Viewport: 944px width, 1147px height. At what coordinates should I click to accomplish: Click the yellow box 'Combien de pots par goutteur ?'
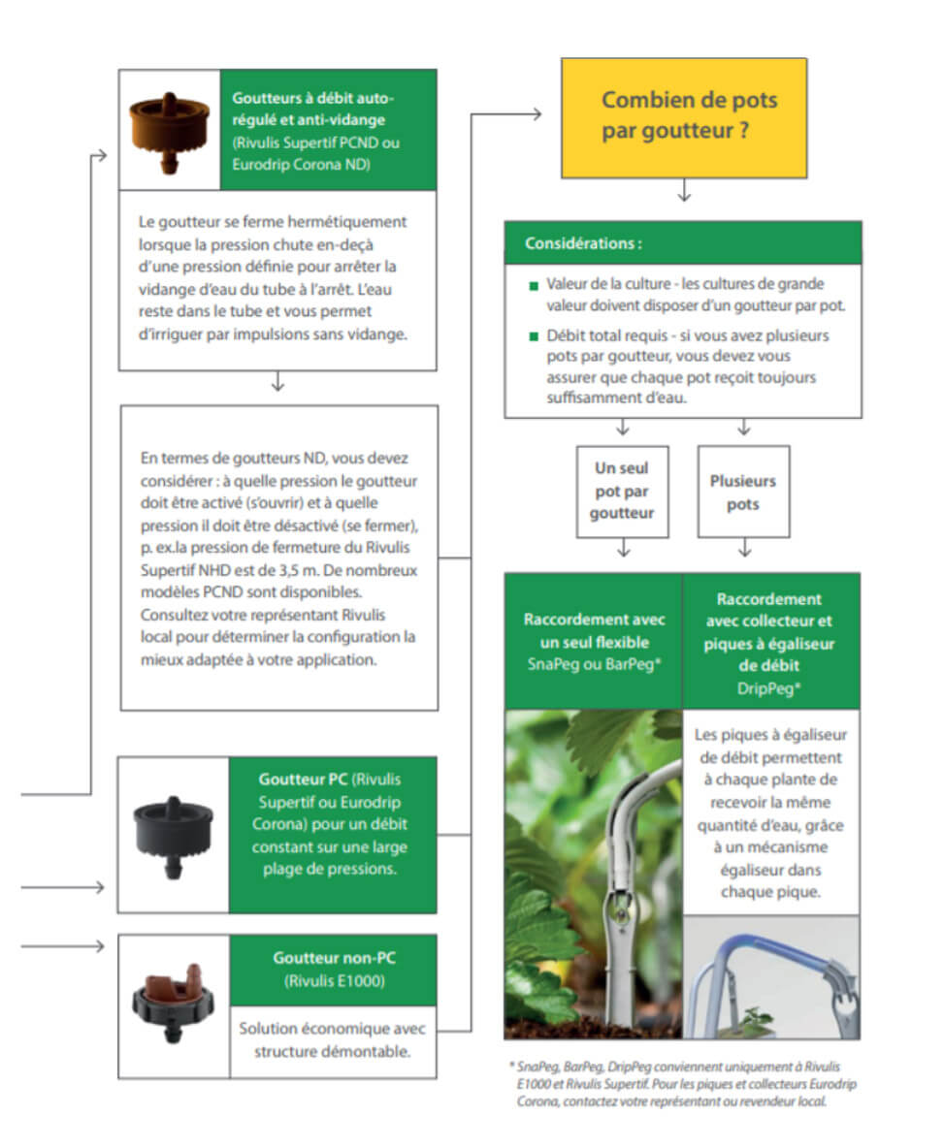[x=684, y=117]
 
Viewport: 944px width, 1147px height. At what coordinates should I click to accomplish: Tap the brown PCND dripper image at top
[x=169, y=128]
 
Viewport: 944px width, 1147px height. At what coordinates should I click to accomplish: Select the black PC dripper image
[x=172, y=835]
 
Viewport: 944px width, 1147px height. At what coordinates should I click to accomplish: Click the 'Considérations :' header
[x=583, y=243]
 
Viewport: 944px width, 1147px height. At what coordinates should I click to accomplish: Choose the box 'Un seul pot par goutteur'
[x=622, y=491]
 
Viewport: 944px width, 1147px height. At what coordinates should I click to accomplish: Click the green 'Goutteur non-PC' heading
[x=334, y=958]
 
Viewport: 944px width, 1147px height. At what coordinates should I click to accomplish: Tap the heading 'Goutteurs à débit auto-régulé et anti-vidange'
[x=314, y=108]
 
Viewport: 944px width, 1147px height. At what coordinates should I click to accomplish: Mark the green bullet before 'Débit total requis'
[x=533, y=336]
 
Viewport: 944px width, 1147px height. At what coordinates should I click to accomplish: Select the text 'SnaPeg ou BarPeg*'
[x=593, y=663]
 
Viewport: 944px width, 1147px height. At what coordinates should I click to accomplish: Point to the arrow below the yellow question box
[x=684, y=193]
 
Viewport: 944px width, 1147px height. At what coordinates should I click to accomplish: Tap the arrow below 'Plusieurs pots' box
[x=744, y=550]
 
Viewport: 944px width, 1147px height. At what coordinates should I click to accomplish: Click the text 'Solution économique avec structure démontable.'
[x=333, y=1039]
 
